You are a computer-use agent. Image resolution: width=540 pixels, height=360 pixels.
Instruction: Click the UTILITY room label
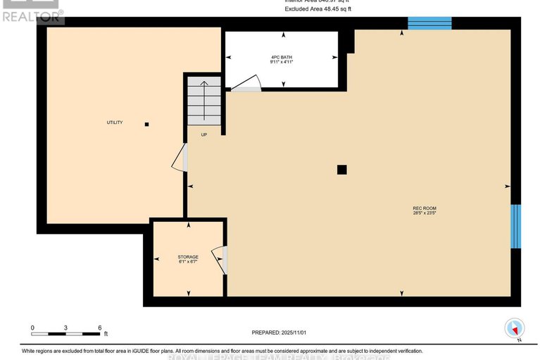115,123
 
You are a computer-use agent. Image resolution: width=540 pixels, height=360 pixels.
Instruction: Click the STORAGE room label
188,256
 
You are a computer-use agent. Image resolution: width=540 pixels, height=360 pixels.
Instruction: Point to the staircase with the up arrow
204,100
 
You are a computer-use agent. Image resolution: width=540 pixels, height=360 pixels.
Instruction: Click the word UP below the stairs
204,135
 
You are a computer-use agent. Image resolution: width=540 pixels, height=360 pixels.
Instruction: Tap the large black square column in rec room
341,169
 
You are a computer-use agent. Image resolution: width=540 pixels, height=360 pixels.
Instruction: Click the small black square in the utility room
146,125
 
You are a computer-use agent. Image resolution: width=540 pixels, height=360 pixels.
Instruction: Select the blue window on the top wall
429,23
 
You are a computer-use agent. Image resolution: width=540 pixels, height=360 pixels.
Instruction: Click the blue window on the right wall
515,226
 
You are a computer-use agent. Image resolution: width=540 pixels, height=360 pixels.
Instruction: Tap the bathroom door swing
246,85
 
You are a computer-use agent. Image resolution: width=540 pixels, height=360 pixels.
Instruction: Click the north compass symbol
515,329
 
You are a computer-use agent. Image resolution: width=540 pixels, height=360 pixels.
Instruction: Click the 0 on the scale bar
32,328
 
